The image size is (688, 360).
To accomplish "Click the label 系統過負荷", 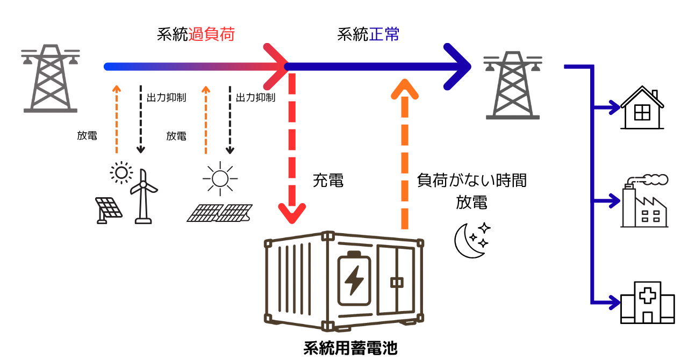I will [196, 35].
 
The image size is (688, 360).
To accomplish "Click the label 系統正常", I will [368, 35].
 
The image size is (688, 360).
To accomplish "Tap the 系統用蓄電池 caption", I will [350, 348].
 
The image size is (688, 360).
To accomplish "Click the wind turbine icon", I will [144, 196].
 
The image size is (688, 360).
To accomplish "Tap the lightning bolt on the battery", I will [354, 280].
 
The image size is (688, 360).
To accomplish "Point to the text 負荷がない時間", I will [471, 181].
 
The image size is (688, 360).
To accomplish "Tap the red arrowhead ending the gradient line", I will [277, 67].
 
